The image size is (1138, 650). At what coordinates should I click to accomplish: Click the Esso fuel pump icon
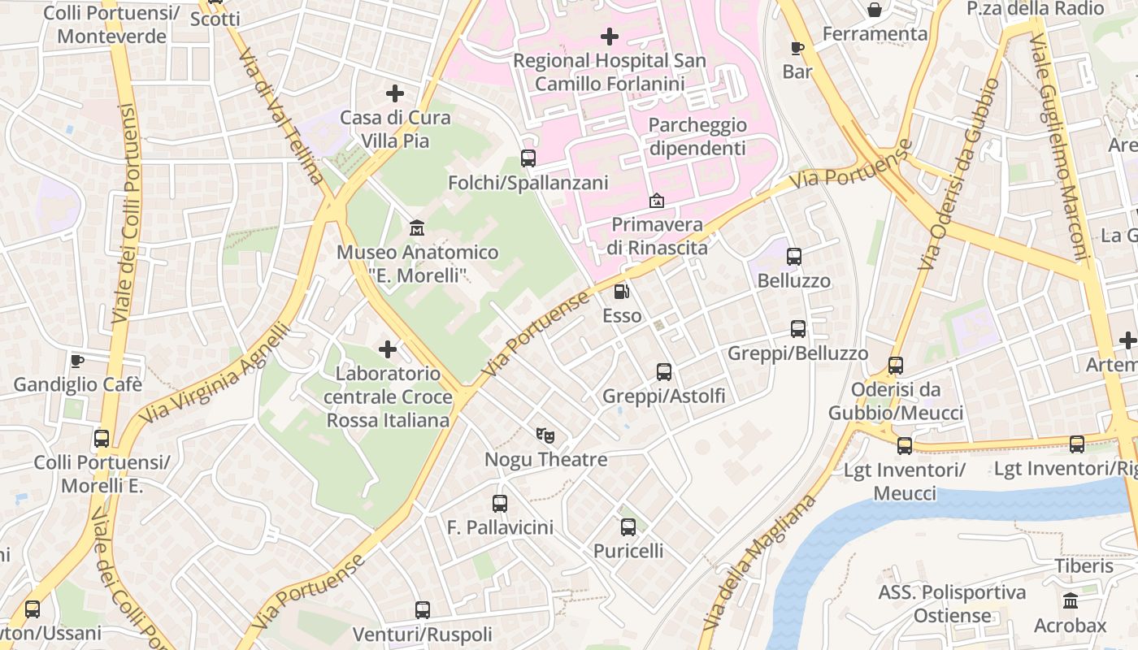(621, 292)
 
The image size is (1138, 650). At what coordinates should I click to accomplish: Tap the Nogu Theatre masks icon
(545, 436)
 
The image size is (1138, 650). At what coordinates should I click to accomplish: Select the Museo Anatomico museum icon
(417, 227)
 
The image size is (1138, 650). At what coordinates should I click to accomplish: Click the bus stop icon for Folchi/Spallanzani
(528, 158)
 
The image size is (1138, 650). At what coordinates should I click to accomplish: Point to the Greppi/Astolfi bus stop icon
(664, 372)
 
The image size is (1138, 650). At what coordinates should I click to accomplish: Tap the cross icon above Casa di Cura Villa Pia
(395, 93)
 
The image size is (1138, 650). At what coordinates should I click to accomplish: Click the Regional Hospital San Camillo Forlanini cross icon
(609, 37)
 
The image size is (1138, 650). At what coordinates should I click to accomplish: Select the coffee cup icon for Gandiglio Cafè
(77, 360)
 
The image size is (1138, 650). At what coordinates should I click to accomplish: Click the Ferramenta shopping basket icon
(875, 10)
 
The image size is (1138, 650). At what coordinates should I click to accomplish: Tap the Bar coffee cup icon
(797, 48)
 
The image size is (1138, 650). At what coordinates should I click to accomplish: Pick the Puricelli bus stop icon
(628, 527)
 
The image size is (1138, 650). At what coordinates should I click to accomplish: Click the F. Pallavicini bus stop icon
(500, 504)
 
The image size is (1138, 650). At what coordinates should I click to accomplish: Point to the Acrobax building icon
(1071, 601)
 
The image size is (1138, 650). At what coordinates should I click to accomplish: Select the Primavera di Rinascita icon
(656, 201)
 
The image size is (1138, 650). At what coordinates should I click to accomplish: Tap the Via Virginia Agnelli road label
(216, 374)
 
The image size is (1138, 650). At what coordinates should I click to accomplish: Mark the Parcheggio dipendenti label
(697, 136)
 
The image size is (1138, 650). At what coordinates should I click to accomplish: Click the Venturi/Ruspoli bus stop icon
(423, 610)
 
